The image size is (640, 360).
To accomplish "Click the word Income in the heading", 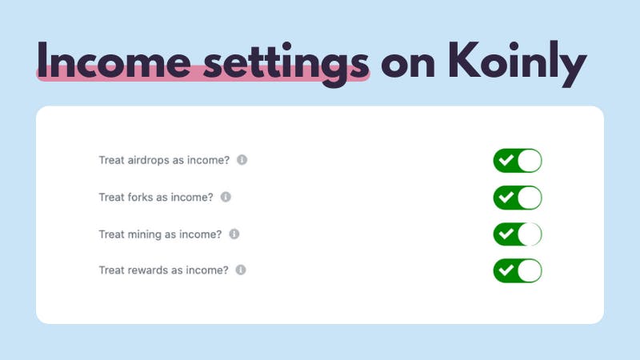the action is coord(114,60).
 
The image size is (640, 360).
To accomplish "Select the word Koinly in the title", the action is coord(517,64).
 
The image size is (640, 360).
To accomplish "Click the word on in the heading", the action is coord(407,66).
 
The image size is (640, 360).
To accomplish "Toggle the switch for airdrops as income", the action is coord(518,161).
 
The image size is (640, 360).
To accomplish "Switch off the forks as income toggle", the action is coord(518,198).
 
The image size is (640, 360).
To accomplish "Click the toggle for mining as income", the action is coord(518,234).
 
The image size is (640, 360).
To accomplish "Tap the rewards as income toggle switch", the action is coord(518,270).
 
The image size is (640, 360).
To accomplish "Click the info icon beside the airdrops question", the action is coord(242,159).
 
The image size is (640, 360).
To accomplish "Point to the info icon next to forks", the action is coord(226,197).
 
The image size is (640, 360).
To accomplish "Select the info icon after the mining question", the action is coord(234,234).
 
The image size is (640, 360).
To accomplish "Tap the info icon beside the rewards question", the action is coord(241,270).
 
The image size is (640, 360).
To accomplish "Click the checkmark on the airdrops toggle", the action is coord(506,160).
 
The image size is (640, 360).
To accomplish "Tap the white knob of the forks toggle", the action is coord(530,198).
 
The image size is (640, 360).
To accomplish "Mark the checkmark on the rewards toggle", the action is coord(506,270).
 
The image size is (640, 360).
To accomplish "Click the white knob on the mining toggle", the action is coord(530,234).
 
